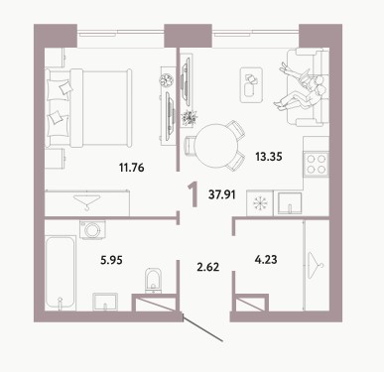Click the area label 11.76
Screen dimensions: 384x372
click(132, 168)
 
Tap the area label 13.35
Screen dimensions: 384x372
click(269, 157)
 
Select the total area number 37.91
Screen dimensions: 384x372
click(222, 194)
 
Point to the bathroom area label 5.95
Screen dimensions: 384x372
click(111, 260)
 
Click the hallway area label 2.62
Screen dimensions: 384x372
click(208, 267)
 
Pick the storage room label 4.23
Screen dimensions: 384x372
click(266, 260)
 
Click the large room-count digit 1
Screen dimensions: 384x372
click(193, 195)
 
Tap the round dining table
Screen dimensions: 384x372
click(216, 146)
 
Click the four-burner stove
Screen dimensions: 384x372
click(317, 165)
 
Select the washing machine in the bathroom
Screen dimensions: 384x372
click(92, 229)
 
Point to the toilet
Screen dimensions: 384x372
click(154, 281)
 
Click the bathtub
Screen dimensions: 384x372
click(60, 273)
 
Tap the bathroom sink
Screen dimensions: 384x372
click(105, 302)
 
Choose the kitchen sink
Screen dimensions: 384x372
click(290, 203)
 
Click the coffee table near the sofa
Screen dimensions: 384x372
click(251, 85)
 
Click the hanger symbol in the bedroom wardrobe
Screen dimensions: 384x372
click(87, 202)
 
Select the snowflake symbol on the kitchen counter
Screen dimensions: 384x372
click(260, 204)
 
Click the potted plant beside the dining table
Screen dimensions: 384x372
click(190, 117)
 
